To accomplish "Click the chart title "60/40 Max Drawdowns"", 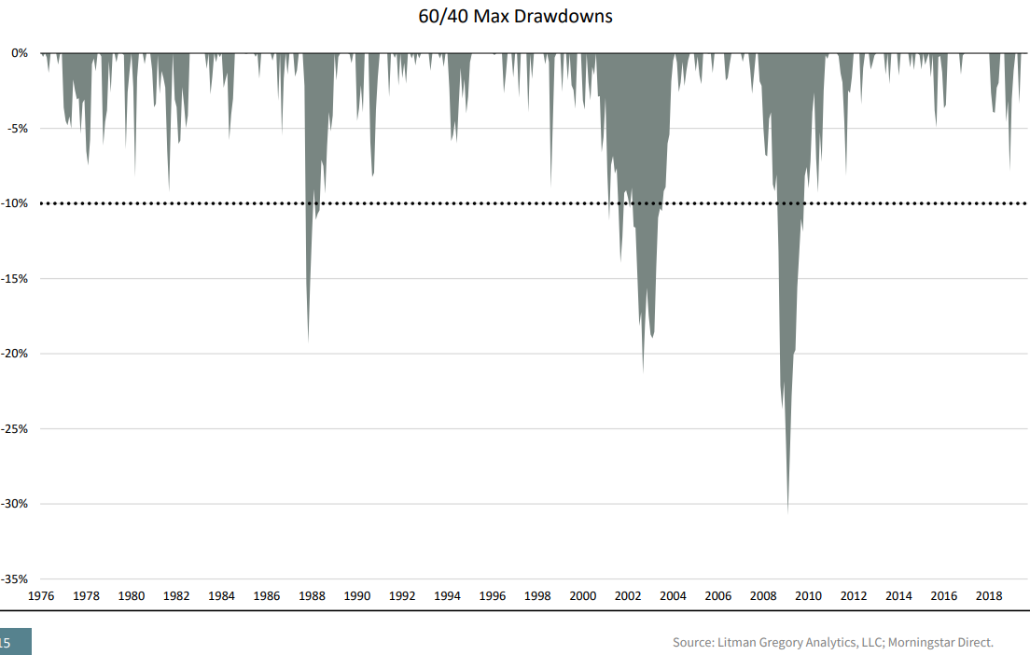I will pos(515,17).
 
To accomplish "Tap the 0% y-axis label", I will pos(20,53).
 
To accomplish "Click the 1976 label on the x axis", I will pos(41,595).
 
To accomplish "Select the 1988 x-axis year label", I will pos(312,595).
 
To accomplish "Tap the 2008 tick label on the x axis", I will pos(763,595).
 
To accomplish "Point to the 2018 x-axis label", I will pos(989,595).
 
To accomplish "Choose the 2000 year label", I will pos(583,595).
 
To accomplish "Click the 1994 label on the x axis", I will pos(448,595).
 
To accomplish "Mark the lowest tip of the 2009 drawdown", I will pos(787,511).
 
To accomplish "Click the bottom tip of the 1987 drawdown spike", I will pos(308,341).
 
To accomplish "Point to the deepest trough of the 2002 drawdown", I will pos(643,371).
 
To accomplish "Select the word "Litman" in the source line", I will pos(736,642).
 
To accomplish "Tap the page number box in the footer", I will pos(15,642).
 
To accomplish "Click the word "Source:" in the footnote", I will pos(692,642).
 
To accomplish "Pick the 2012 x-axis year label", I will pos(854,595).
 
